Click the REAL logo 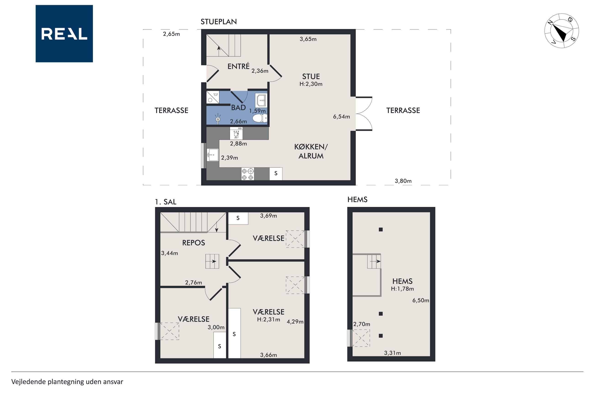pyautogui.click(x=64, y=34)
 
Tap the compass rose pyautogui.click(x=561, y=31)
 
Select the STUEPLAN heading pyautogui.click(x=219, y=22)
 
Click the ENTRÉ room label pyautogui.click(x=239, y=66)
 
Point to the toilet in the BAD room pyautogui.click(x=260, y=118)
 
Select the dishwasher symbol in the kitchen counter pyautogui.click(x=236, y=133)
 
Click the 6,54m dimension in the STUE pyautogui.click(x=341, y=117)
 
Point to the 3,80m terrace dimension pyautogui.click(x=403, y=181)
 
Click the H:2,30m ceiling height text pyautogui.click(x=311, y=84)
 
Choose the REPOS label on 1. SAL pyautogui.click(x=194, y=243)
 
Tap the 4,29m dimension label pyautogui.click(x=295, y=322)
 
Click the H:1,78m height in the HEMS pyautogui.click(x=402, y=289)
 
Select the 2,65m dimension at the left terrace pyautogui.click(x=171, y=34)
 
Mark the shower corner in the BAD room pyautogui.click(x=213, y=97)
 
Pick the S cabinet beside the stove pyautogui.click(x=276, y=174)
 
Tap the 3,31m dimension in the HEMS pyautogui.click(x=392, y=353)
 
